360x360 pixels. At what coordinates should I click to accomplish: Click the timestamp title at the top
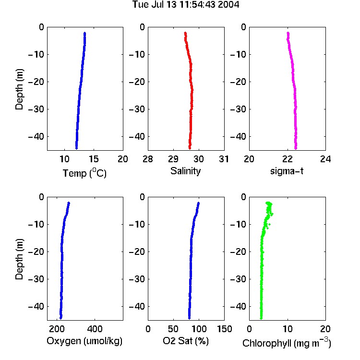186,4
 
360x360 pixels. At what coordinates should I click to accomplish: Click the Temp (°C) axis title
84,173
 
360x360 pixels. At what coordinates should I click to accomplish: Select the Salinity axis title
185,171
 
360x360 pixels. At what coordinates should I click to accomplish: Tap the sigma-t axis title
287,171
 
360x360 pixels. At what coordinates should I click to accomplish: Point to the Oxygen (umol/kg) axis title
84,341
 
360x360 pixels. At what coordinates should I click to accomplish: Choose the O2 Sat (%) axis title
186,341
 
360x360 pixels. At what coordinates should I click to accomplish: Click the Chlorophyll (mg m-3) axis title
287,342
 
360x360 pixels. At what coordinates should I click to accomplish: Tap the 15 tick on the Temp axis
94,159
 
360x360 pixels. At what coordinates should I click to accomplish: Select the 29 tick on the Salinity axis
173,159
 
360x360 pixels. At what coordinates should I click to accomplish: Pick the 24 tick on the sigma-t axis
325,159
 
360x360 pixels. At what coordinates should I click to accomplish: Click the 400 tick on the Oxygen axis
95,329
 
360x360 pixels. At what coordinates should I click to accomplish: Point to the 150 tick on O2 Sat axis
224,329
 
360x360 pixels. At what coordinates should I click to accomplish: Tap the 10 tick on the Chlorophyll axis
288,329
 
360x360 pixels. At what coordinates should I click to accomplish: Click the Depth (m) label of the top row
19,89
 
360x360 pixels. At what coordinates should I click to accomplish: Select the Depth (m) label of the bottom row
19,259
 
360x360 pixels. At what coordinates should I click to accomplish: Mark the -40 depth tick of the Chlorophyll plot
238,307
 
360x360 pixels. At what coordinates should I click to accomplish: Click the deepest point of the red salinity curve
190,148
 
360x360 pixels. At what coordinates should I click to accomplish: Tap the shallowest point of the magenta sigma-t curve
288,33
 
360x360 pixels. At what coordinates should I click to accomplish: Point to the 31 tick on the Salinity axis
224,159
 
